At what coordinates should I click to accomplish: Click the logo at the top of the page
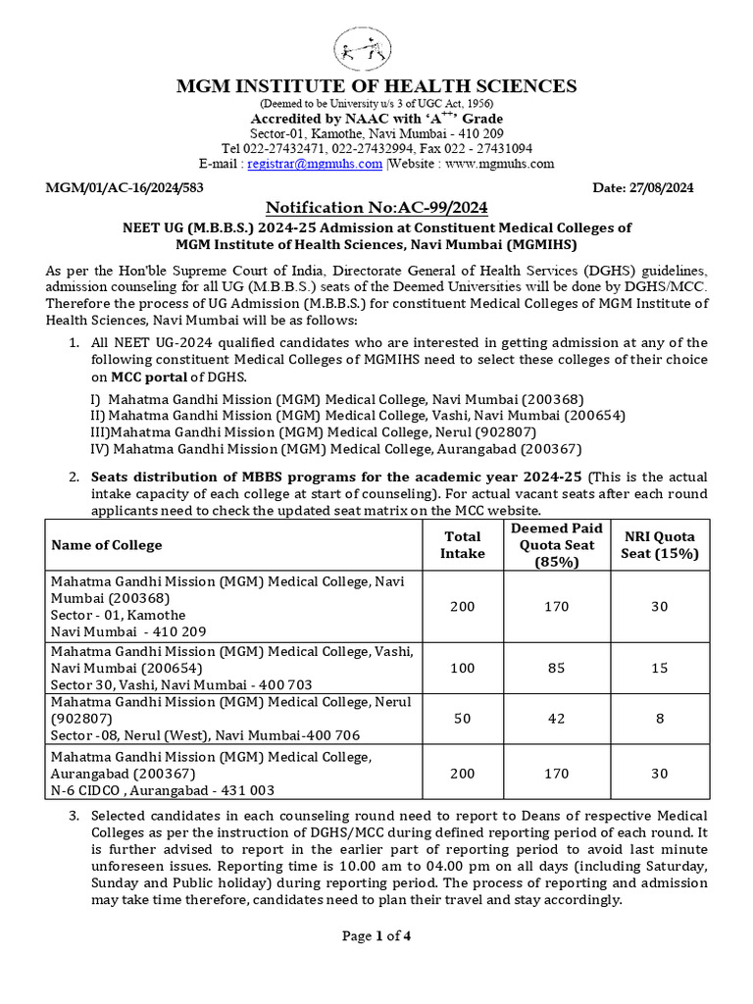(376, 45)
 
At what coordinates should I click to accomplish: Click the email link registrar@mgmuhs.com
(314, 164)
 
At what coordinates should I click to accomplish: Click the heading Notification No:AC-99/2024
(376, 208)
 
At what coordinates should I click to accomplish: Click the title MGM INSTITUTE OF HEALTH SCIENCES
(376, 86)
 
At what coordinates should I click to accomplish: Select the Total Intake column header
(461, 544)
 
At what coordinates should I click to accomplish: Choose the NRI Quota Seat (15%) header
(660, 544)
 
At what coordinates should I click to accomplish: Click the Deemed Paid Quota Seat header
(556, 544)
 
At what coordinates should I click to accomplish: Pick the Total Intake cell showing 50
(461, 719)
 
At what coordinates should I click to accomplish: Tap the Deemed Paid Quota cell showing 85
(556, 668)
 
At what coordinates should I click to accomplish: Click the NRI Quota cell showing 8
(660, 719)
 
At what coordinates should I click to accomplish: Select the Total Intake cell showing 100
(461, 668)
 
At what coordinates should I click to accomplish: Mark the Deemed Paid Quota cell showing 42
(556, 719)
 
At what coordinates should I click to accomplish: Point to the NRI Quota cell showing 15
(660, 668)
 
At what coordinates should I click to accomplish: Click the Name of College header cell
(107, 545)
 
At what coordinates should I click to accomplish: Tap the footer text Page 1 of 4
(376, 935)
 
